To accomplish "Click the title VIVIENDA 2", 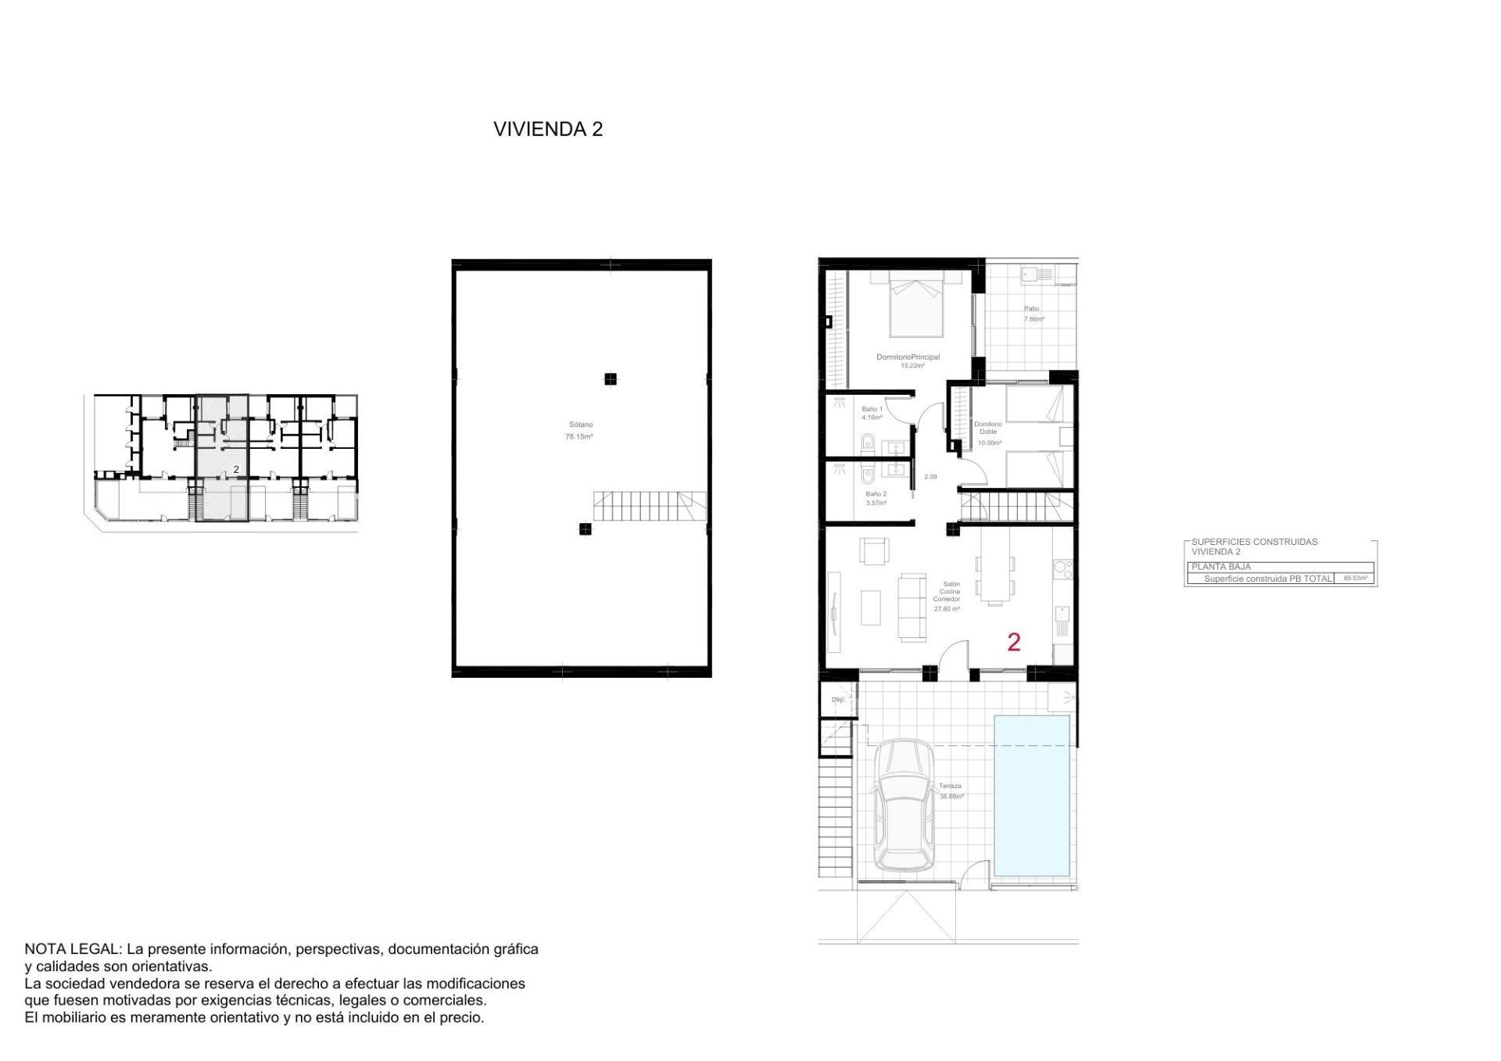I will (548, 129).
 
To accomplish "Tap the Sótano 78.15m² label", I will (579, 431).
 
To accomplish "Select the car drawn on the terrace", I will (903, 805).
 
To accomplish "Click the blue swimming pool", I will (1031, 795).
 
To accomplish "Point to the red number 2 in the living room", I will (1014, 642).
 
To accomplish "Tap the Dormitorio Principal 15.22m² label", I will (908, 360).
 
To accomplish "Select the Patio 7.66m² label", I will (1034, 314).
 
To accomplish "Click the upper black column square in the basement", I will (611, 379).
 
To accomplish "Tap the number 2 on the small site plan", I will (236, 469).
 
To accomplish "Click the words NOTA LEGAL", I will (73, 949).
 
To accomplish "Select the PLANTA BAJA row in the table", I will (1279, 567).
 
